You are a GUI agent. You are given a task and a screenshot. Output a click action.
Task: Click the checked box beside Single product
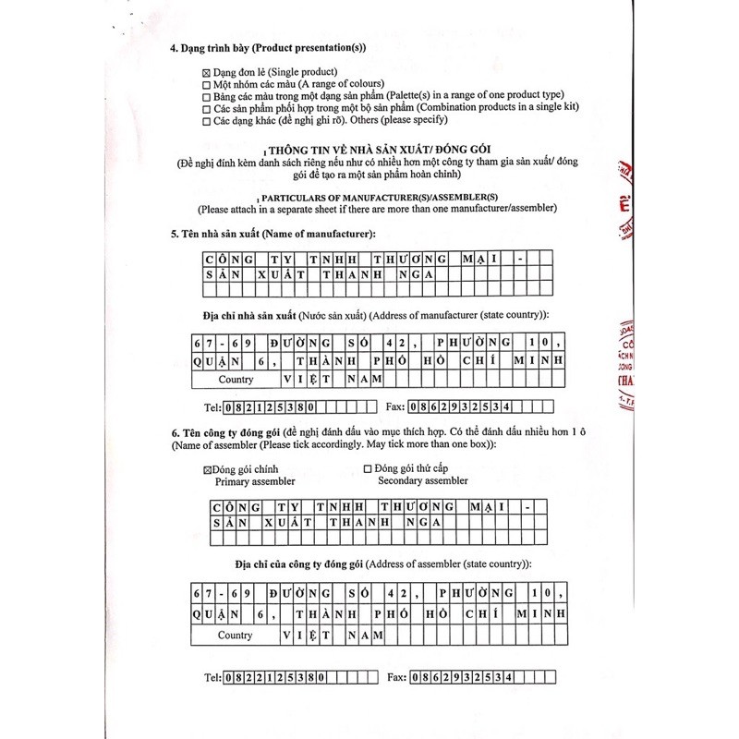click(x=205, y=72)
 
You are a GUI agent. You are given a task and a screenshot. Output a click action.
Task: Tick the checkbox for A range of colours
click(x=205, y=84)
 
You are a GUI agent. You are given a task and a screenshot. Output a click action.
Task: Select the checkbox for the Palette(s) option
click(x=205, y=96)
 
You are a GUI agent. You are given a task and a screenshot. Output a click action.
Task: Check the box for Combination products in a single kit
click(x=205, y=108)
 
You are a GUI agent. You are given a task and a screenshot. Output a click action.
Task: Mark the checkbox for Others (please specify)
click(x=205, y=120)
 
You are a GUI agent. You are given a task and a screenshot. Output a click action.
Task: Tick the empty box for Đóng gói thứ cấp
click(x=369, y=469)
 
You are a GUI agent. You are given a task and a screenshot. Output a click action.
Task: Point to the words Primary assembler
click(x=255, y=481)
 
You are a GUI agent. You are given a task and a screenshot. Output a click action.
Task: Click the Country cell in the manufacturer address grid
click(x=236, y=379)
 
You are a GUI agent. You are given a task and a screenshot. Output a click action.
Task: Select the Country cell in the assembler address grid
click(x=235, y=636)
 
